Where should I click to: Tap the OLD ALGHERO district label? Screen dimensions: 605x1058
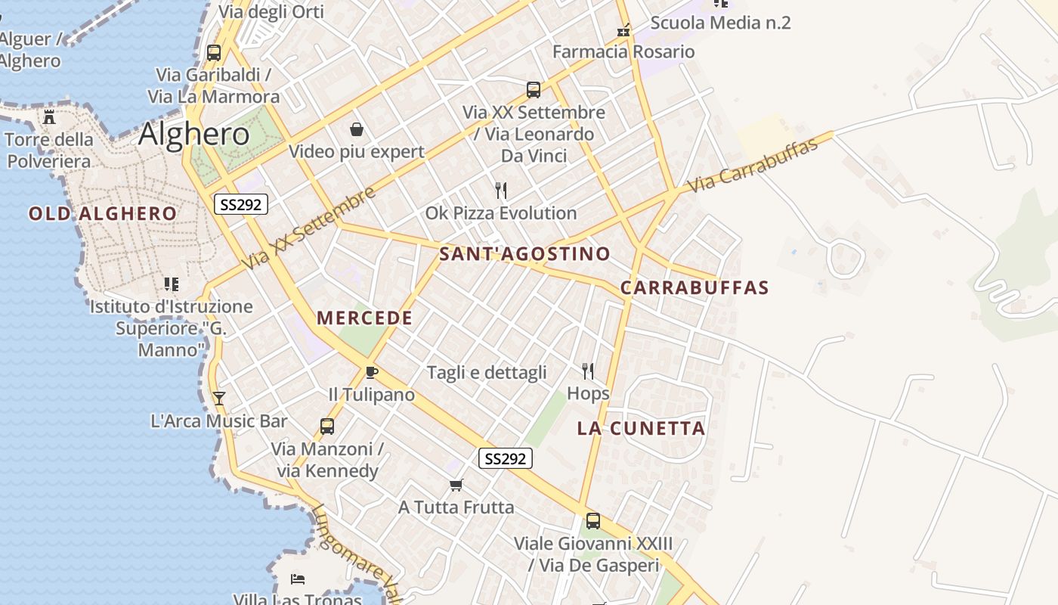(x=103, y=214)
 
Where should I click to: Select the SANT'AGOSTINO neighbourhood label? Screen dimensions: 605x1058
(x=524, y=254)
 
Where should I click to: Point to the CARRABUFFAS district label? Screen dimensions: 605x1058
(x=695, y=288)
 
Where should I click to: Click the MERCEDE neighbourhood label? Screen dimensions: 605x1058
(x=365, y=318)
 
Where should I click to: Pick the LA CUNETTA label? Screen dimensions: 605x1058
(x=641, y=429)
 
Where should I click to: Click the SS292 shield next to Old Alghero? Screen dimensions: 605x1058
(x=241, y=204)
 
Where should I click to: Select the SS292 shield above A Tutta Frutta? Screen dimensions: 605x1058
(x=506, y=458)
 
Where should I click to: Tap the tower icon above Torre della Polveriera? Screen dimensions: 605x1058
(x=50, y=117)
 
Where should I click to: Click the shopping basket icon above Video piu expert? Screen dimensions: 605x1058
(x=357, y=129)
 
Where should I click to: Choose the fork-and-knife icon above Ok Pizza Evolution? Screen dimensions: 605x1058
(x=500, y=190)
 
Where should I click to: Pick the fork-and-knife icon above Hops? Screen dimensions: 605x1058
(x=588, y=371)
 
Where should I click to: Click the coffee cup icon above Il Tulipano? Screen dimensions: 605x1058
(x=371, y=372)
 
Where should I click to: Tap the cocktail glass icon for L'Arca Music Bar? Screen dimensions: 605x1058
(x=219, y=398)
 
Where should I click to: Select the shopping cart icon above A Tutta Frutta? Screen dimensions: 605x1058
(x=456, y=485)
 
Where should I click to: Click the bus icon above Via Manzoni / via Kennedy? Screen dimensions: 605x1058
(x=327, y=427)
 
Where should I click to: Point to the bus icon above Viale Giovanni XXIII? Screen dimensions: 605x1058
(x=593, y=521)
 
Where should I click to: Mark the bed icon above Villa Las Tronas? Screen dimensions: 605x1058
(x=298, y=579)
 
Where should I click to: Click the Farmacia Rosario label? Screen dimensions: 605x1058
(x=623, y=52)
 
